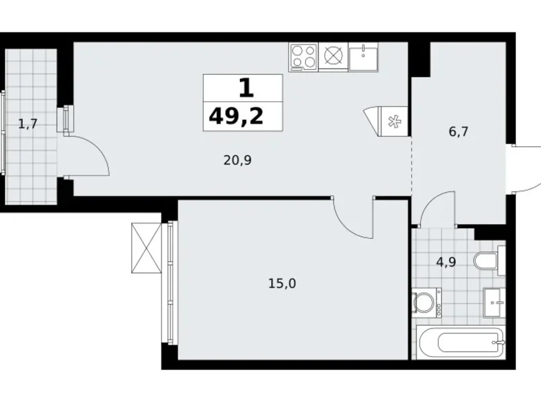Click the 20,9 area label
coord(237,160)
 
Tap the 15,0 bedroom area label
coord(282,283)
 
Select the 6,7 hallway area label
coord(458,132)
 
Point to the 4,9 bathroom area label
coord(446,262)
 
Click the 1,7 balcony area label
coord(28,123)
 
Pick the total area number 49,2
coord(237,116)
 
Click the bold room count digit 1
coord(246,88)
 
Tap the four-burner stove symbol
coord(304,57)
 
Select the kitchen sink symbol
coord(363,57)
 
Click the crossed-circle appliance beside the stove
coord(333,55)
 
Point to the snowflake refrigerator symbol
coord(394,121)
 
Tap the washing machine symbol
coord(427,303)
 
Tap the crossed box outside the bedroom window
coord(146,248)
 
